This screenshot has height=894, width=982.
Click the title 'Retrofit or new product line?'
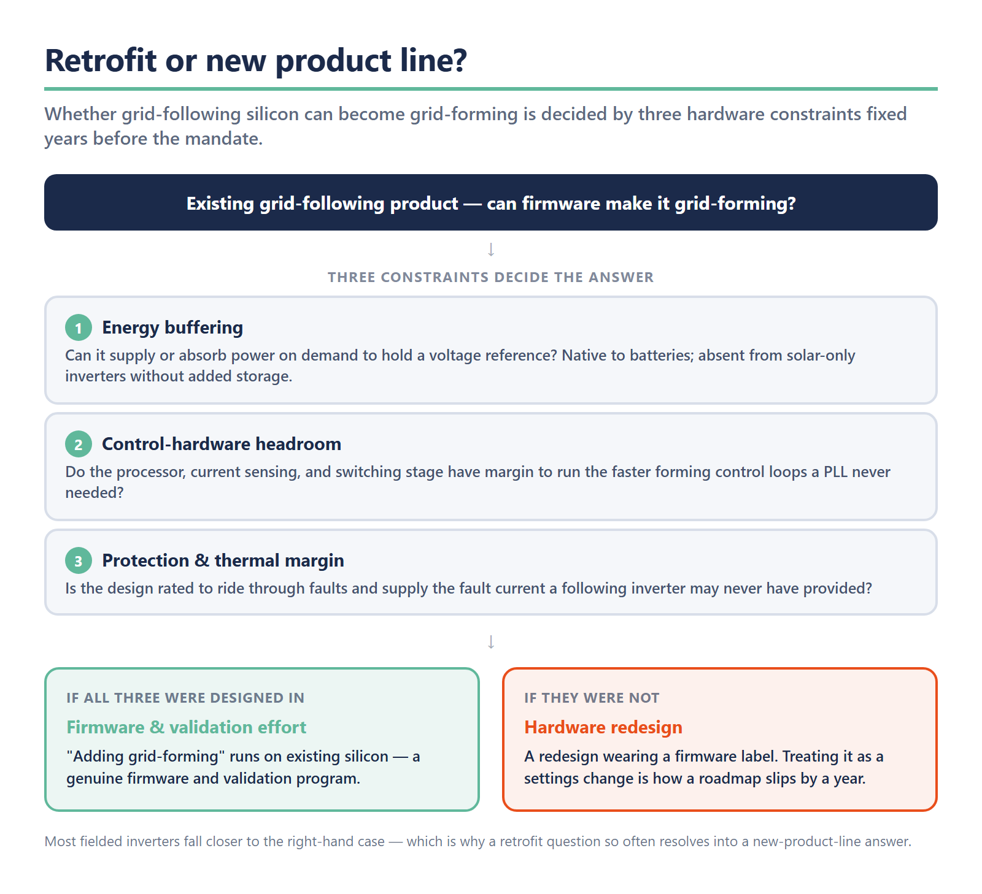(256, 61)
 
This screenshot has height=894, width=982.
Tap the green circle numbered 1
(79, 328)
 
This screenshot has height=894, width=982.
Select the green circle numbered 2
(79, 445)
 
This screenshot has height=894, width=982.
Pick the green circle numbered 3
(79, 561)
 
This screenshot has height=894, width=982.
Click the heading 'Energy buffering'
(172, 327)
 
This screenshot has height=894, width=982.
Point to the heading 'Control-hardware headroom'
(222, 444)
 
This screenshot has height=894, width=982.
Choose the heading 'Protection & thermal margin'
(223, 560)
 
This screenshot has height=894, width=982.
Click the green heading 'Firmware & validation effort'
(186, 727)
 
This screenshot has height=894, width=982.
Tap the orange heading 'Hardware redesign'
(603, 727)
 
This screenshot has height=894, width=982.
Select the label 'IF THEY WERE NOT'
(592, 698)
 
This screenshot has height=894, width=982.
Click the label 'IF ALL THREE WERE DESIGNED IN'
(185, 698)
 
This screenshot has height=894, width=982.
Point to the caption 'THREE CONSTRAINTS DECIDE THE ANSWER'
(491, 277)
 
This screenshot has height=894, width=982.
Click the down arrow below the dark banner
(491, 250)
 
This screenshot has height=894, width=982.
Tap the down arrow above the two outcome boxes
(491, 642)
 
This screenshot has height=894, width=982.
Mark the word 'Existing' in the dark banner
(220, 204)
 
